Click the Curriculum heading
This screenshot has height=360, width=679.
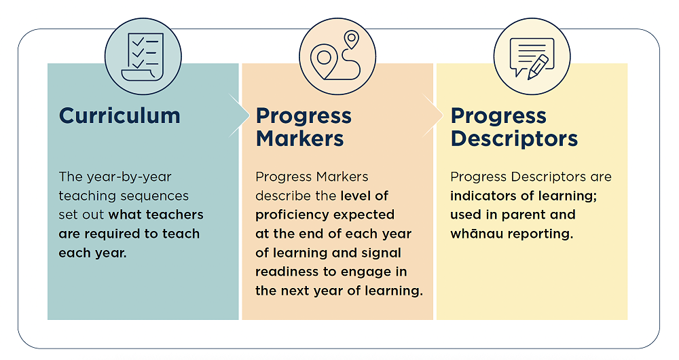[x=120, y=115]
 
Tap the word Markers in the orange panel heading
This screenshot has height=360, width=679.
[x=299, y=139]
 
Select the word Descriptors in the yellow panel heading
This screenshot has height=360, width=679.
[x=514, y=139]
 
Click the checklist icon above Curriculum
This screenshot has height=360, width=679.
[x=143, y=57]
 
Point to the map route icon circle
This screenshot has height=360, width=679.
[x=337, y=57]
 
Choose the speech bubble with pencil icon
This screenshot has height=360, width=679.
[x=532, y=57]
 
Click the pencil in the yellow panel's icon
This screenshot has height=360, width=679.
[x=538, y=67]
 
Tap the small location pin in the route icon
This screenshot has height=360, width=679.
[x=352, y=39]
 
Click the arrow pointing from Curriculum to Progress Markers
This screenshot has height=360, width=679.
[x=240, y=115]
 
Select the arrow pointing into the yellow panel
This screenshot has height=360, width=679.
[x=433, y=115]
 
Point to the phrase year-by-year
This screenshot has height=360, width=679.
[x=129, y=177]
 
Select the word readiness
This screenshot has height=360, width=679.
[x=287, y=272]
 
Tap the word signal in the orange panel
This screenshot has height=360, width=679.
[x=383, y=253]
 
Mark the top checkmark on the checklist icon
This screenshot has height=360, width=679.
[x=138, y=41]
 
